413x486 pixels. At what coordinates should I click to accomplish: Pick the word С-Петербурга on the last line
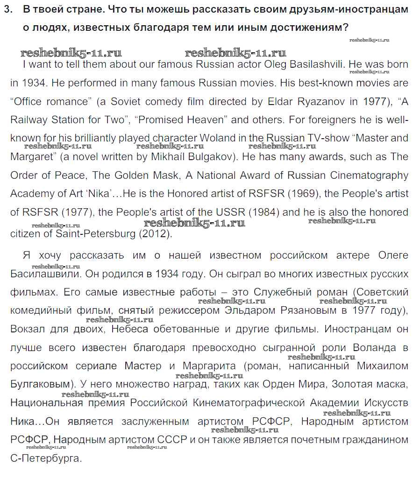click(x=46, y=458)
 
